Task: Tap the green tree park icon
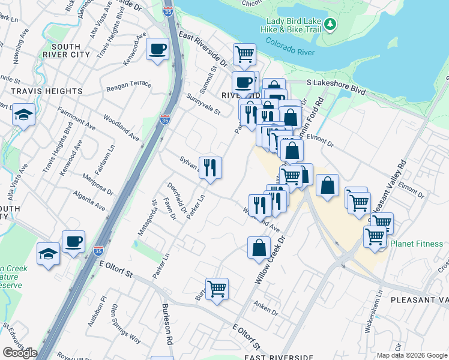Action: tap(330, 25)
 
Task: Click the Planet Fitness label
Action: tap(417, 244)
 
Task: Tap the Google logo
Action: tap(19, 352)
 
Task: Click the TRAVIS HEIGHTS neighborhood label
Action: tap(46, 91)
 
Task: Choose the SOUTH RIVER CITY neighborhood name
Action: tap(71, 50)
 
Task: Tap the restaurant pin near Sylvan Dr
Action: tap(210, 167)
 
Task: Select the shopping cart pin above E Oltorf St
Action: tap(217, 288)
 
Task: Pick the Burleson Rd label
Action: tap(166, 323)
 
